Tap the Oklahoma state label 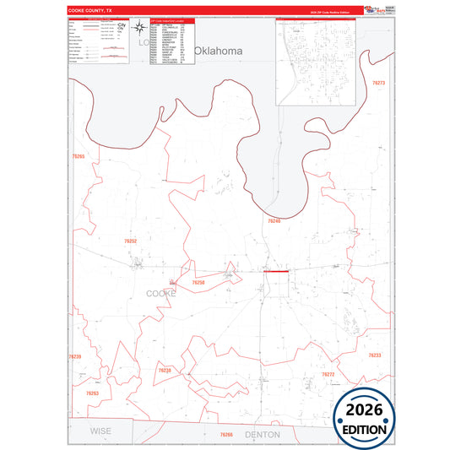coord(218,51)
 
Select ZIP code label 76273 coord(378,83)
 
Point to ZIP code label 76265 coord(79,156)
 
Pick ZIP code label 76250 coord(198,282)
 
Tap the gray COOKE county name coord(161,293)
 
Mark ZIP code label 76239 coord(74,356)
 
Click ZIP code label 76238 coord(165,371)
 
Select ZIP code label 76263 coord(92,393)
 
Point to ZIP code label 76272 coord(328,374)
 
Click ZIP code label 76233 coord(375,355)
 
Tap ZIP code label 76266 coord(225,434)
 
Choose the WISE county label coord(100,431)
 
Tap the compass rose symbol coord(138,30)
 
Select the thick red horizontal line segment coord(276,272)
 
